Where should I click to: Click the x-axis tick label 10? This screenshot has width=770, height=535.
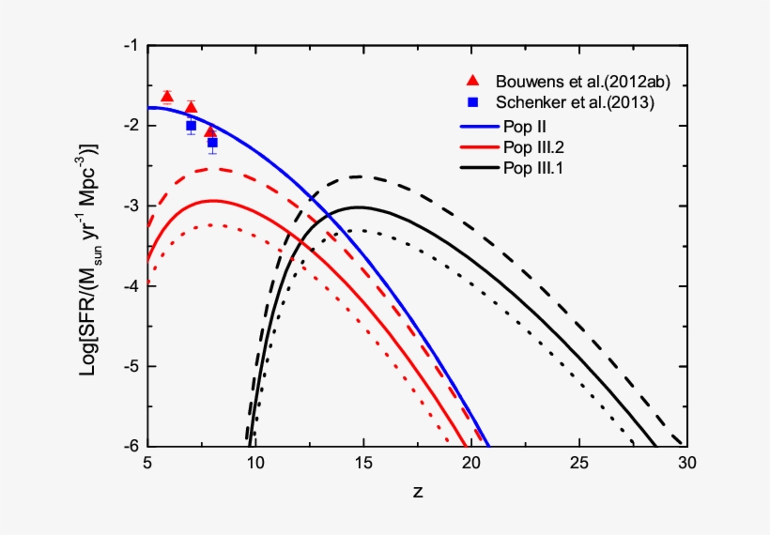[254, 464]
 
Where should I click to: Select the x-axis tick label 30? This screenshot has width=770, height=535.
[686, 464]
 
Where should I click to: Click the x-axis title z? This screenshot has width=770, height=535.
[416, 492]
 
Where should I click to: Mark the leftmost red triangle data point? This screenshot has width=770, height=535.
[167, 97]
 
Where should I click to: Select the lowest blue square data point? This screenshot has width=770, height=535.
[212, 143]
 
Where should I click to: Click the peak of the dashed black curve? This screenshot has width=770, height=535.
[358, 176]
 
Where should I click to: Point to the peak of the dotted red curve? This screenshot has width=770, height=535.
[213, 224]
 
